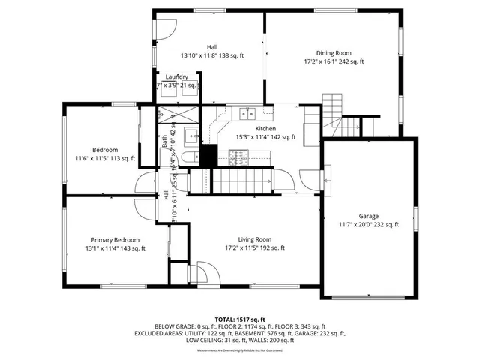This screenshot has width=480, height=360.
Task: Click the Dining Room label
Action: click(333, 52)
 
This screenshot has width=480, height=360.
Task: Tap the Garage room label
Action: click(368, 215)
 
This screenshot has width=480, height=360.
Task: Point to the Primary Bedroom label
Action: click(115, 239)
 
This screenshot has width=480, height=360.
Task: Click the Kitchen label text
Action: click(266, 129)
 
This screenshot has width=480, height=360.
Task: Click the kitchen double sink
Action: click(246, 114)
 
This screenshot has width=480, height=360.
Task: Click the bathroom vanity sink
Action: click(190, 136)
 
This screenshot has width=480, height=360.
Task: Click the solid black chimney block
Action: click(208, 155)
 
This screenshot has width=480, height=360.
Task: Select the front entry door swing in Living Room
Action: click(197, 274)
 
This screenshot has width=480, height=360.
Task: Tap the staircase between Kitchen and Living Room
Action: click(240, 180)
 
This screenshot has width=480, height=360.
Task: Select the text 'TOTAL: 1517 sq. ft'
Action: click(240, 318)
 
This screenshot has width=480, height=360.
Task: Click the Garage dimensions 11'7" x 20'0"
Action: click(368, 224)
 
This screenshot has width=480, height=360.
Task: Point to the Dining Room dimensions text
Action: click(333, 62)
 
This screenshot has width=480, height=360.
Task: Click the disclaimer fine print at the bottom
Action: click(240, 350)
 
